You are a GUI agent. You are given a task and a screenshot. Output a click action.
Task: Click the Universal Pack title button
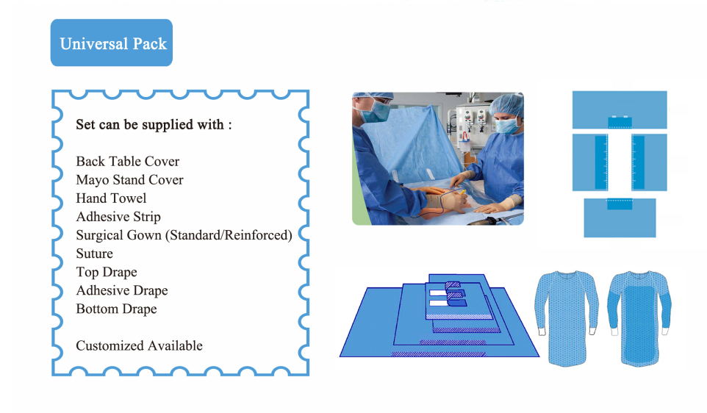pos(112,43)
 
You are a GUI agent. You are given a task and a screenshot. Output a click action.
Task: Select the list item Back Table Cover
pos(128,162)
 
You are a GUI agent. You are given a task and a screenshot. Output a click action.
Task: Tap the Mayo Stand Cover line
pos(129,180)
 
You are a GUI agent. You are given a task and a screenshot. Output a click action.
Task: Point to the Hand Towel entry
pos(111,198)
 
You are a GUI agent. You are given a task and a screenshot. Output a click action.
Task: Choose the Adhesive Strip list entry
pos(118,217)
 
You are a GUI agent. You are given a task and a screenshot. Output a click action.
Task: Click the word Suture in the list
pos(94,254)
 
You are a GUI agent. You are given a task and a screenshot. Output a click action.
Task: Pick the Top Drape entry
pos(107,273)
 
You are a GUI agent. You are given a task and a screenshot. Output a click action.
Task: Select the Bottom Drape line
pos(116,309)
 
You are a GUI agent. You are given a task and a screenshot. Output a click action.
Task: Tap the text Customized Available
pos(139,346)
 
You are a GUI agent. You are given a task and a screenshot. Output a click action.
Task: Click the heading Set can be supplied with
pos(154,124)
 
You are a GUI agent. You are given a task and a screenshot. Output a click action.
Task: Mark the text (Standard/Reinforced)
pos(229,235)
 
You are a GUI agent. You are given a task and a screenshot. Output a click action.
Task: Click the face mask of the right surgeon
pos(507,126)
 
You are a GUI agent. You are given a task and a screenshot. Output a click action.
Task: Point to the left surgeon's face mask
pos(375,112)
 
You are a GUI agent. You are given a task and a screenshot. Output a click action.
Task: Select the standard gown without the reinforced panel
pos(567,317)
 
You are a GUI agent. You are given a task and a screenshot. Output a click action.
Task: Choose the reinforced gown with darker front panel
pos(639,318)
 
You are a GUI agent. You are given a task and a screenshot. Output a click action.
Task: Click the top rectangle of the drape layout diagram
pos(620,109)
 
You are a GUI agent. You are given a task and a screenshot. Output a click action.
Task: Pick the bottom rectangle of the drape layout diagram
pos(620,218)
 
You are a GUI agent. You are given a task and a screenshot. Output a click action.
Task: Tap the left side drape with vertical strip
pos(589,162)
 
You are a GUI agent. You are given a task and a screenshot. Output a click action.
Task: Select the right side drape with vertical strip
pos(649,162)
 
